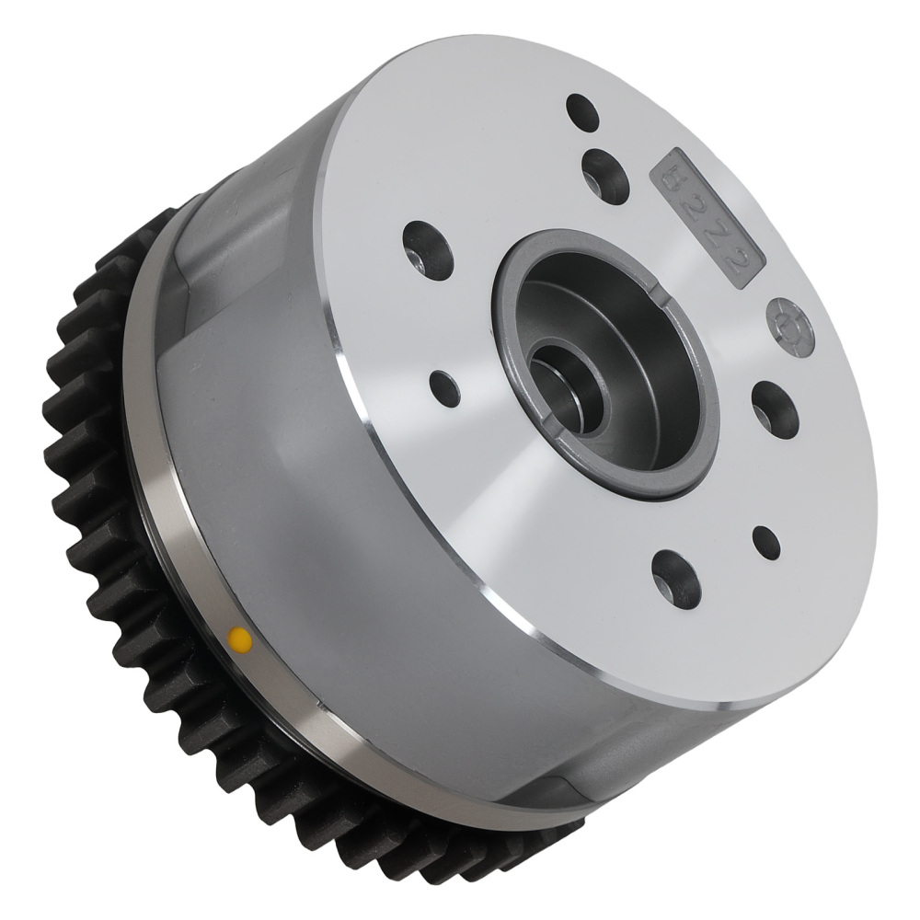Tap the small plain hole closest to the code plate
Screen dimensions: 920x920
pos(582,112)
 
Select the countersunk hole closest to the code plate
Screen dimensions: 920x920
pos(605,176)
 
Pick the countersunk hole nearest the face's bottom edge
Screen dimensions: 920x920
pos(676,579)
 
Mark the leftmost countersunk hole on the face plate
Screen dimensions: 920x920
pos(428,250)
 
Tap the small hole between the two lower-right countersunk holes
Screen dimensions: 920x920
pos(765,543)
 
